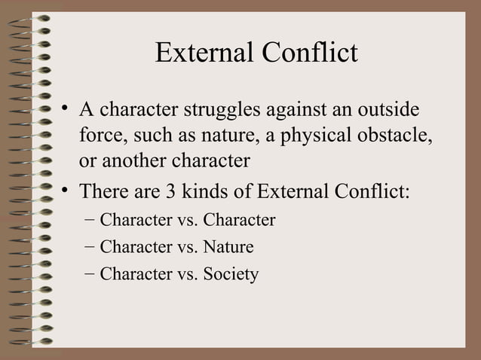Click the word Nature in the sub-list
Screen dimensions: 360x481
pyautogui.click(x=228, y=247)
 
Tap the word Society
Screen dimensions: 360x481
pyautogui.click(x=231, y=274)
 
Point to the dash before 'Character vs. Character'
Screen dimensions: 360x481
pyautogui.click(x=90, y=221)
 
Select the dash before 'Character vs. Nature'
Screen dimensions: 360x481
pyautogui.click(x=90, y=247)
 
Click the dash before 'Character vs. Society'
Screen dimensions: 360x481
pyautogui.click(x=90, y=274)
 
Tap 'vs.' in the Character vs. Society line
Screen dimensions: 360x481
pyautogui.click(x=187, y=274)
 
